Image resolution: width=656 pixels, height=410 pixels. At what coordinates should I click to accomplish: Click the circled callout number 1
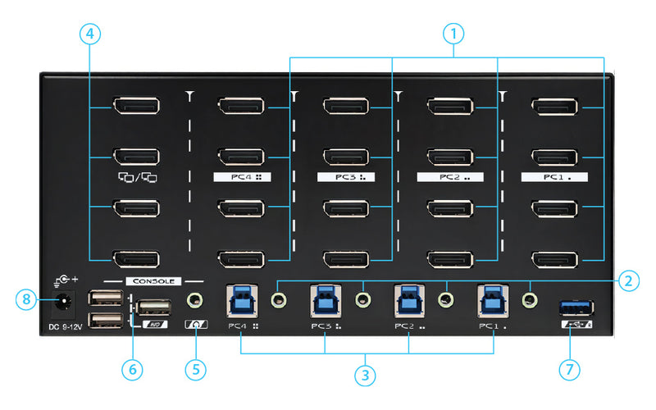click(x=453, y=34)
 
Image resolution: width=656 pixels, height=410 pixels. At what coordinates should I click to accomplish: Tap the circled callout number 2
click(x=628, y=280)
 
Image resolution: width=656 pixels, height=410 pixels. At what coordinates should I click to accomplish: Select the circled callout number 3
click(x=365, y=375)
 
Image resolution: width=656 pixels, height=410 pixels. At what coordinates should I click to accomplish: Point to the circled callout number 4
click(x=90, y=34)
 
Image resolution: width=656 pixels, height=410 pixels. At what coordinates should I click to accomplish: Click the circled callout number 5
click(x=196, y=370)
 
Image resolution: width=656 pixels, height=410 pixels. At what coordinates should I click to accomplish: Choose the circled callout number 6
click(x=133, y=370)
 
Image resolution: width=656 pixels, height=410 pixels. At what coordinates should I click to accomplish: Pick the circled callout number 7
click(x=569, y=370)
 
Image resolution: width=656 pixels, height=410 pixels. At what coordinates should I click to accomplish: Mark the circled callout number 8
click(x=26, y=299)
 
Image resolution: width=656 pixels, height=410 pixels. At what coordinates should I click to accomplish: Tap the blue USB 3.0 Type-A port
click(x=576, y=309)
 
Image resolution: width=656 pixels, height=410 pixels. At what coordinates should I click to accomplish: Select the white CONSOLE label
click(x=153, y=281)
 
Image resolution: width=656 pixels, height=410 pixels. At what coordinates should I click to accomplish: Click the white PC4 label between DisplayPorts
click(x=242, y=177)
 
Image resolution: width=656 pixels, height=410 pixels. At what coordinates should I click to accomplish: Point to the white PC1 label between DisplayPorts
click(x=554, y=177)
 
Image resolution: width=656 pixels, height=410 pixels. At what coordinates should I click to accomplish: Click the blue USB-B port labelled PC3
click(x=326, y=301)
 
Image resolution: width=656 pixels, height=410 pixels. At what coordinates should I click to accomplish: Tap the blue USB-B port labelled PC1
click(x=494, y=301)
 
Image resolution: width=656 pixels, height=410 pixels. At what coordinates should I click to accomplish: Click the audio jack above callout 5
click(x=194, y=300)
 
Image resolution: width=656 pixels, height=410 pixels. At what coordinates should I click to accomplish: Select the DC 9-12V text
click(x=66, y=326)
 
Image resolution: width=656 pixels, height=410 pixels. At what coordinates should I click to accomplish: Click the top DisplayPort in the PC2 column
click(x=450, y=106)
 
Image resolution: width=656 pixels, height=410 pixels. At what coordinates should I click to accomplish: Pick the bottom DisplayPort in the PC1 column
click(x=554, y=260)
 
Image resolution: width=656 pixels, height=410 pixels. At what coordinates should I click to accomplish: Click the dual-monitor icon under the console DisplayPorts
click(x=138, y=178)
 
